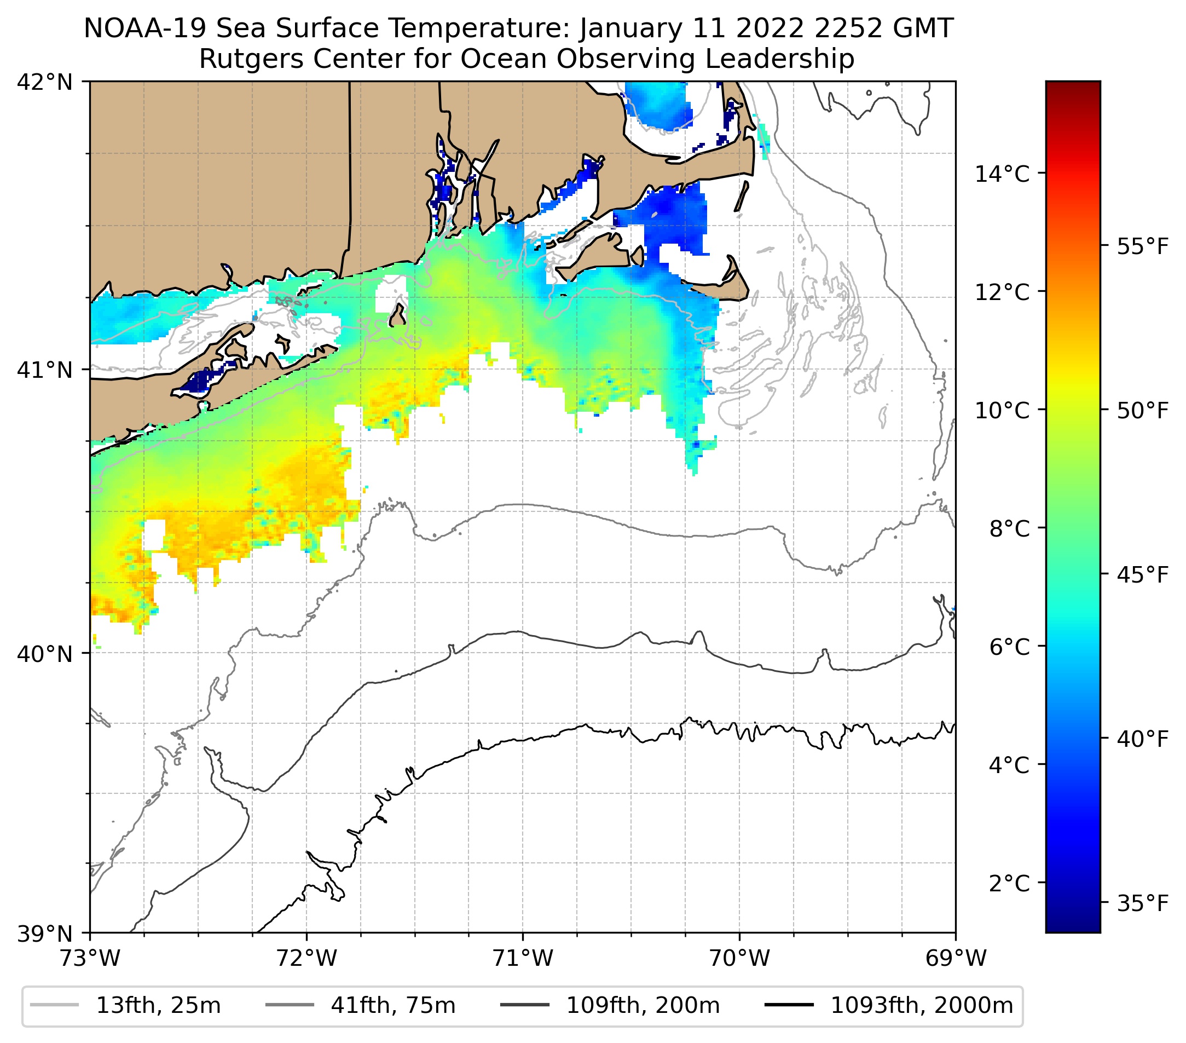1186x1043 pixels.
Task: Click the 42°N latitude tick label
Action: click(45, 83)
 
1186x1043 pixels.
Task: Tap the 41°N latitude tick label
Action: click(45, 370)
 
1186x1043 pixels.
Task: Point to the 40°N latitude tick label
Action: click(45, 654)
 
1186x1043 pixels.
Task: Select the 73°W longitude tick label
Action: click(90, 958)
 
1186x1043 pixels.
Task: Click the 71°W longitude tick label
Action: click(523, 958)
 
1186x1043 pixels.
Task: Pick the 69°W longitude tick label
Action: click(956, 958)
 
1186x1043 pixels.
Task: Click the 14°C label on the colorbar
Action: click(1002, 174)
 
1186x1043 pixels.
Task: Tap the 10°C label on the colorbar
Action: click(1002, 410)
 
